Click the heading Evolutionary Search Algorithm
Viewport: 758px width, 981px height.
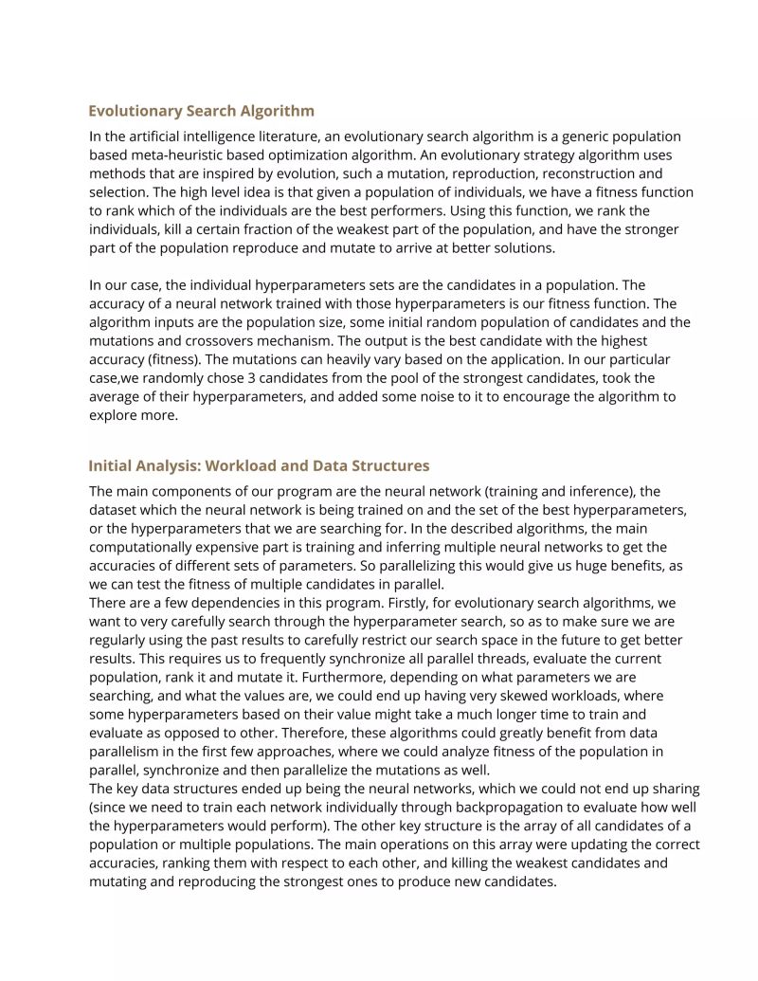[x=201, y=111]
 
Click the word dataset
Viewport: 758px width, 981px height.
[x=115, y=509]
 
